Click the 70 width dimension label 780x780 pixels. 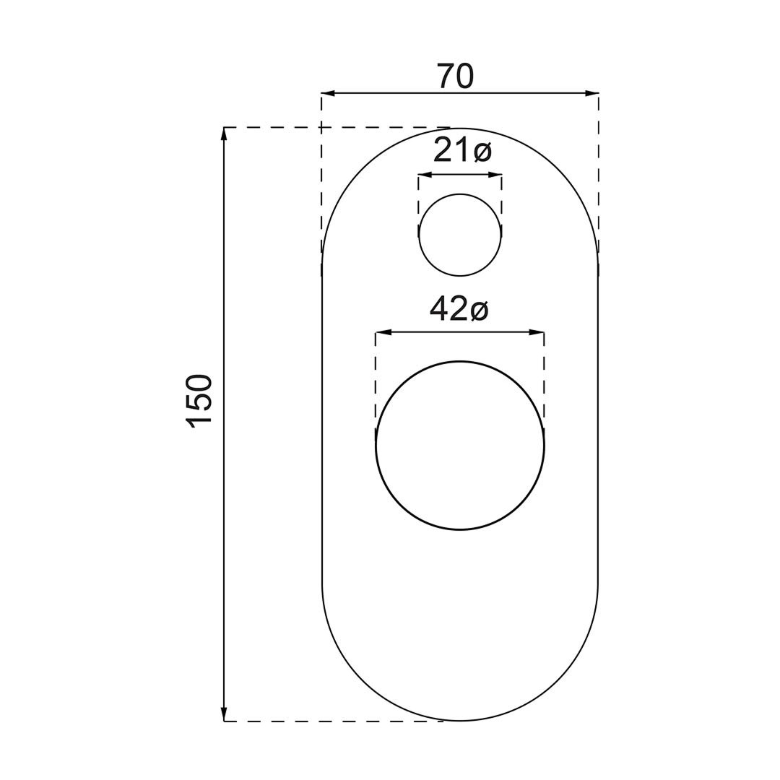point(456,77)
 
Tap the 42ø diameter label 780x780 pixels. point(459,309)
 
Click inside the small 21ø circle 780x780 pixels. point(460,234)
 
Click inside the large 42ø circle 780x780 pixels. point(460,446)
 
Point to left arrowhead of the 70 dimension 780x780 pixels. point(329,93)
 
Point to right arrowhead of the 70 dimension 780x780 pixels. point(591,93)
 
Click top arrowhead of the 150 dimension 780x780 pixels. point(225,134)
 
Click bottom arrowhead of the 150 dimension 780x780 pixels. point(225,714)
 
